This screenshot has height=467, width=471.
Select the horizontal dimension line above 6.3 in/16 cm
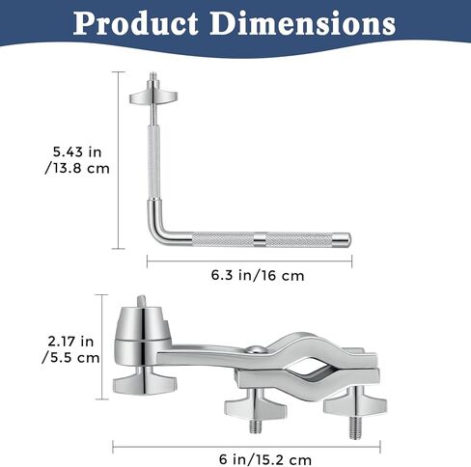click(x=249, y=257)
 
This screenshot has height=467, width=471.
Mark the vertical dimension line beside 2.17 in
click(x=105, y=347)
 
